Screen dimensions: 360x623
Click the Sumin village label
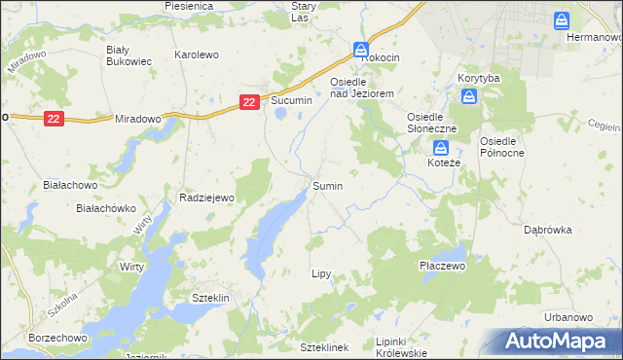click(327, 185)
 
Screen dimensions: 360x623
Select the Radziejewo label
click(207, 197)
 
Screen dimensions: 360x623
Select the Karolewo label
click(196, 54)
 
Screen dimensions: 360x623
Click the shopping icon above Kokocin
click(361, 49)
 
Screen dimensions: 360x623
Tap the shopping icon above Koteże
click(441, 148)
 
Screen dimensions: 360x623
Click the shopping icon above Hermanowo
click(562, 19)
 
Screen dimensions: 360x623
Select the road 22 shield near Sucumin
click(250, 101)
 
